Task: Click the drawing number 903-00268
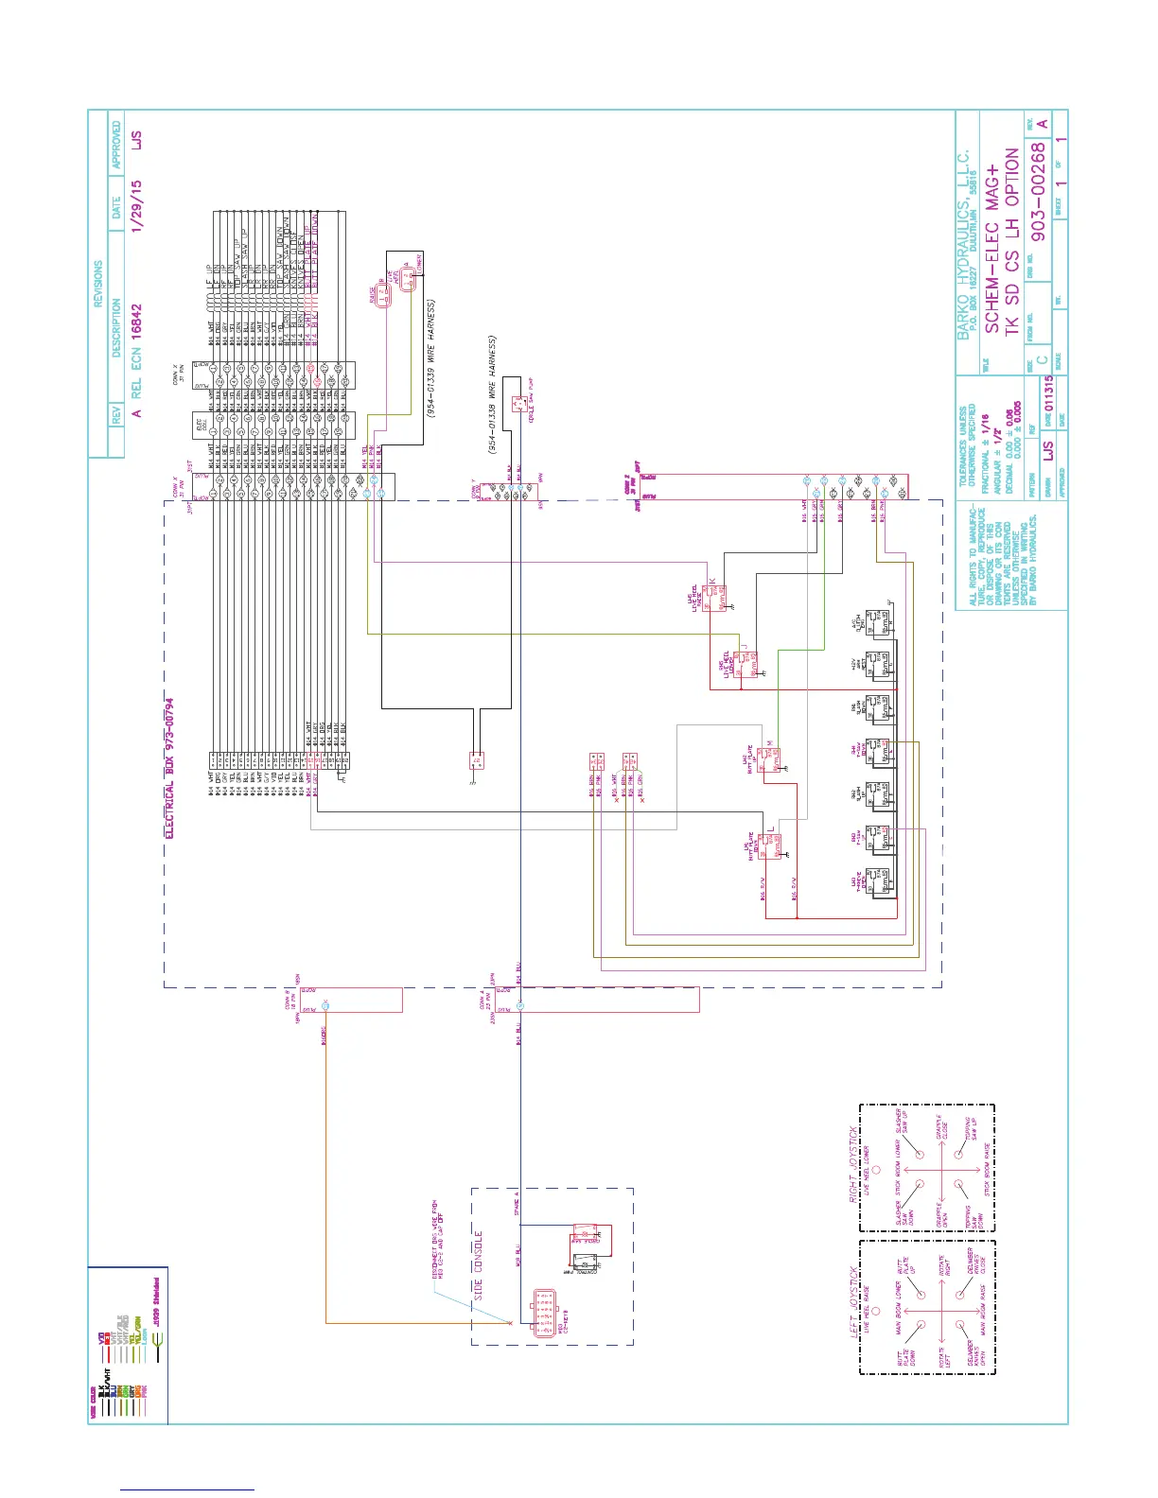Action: (1039, 192)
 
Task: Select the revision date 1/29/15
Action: (137, 207)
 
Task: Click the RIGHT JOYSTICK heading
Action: (854, 1163)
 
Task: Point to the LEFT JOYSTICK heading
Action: (854, 1301)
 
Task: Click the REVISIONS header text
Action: (98, 284)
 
